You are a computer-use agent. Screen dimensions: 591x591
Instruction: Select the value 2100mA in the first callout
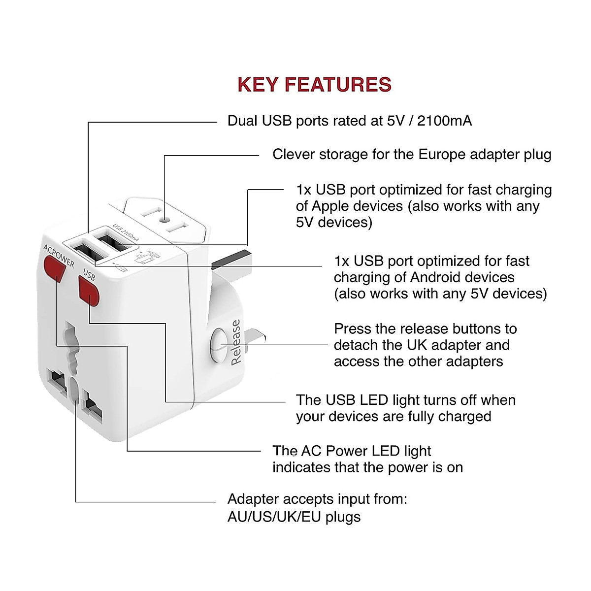[x=444, y=121]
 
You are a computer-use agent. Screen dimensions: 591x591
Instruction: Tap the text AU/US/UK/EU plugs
[x=294, y=517]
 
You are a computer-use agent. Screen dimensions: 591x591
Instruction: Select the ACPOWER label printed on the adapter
[x=59, y=256]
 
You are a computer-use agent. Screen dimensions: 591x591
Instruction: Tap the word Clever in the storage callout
[x=294, y=155]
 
